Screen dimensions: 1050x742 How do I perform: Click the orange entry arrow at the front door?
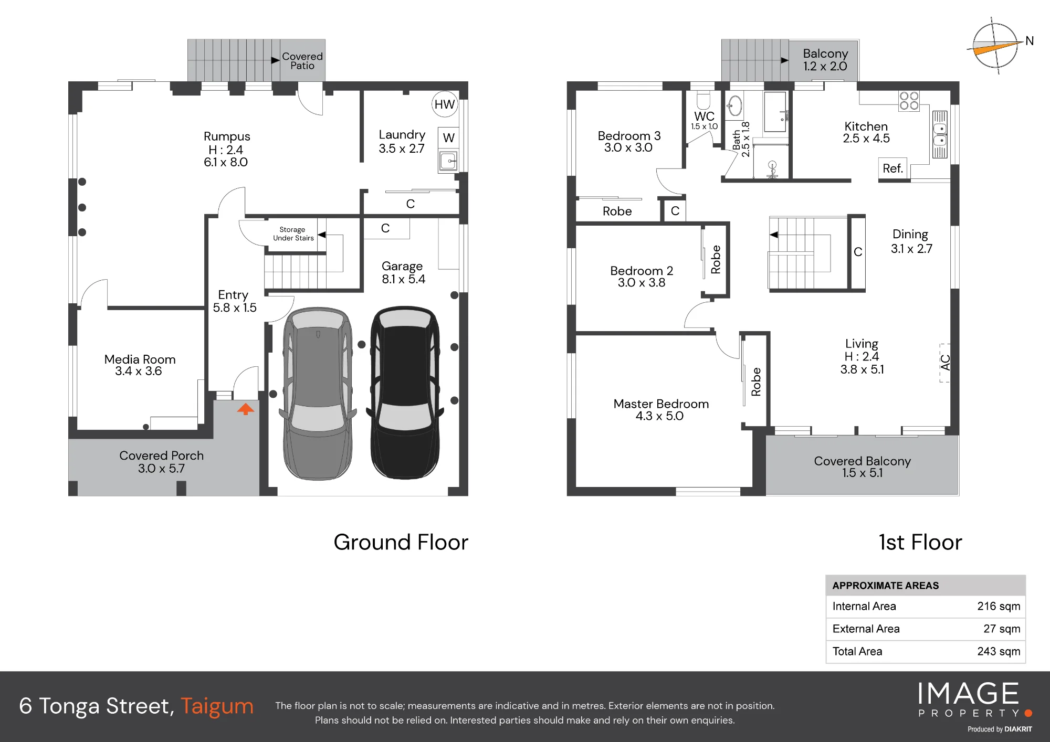click(245, 409)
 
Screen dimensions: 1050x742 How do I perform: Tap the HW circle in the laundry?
click(445, 104)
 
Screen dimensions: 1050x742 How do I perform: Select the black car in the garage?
click(404, 393)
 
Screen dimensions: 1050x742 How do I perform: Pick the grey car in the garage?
click(318, 394)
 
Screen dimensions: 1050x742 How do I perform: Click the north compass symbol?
click(995, 46)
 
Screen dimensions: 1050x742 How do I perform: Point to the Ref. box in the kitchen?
click(893, 168)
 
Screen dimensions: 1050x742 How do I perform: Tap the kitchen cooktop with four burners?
click(909, 101)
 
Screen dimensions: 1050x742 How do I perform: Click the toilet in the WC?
click(703, 100)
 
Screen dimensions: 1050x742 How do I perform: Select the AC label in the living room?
click(945, 363)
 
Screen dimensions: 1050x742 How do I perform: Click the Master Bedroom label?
click(661, 404)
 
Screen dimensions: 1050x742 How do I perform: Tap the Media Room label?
click(140, 359)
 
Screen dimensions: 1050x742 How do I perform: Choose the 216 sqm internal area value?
click(999, 606)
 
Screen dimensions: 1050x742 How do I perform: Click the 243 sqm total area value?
click(999, 651)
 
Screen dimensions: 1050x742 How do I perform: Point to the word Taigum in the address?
click(217, 706)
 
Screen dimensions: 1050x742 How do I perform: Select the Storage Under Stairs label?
click(293, 234)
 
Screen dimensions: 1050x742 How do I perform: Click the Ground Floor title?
click(401, 542)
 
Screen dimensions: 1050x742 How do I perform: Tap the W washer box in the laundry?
click(448, 138)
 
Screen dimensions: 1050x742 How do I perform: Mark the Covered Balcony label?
click(862, 461)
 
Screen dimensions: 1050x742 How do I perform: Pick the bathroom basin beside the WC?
click(735, 106)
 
